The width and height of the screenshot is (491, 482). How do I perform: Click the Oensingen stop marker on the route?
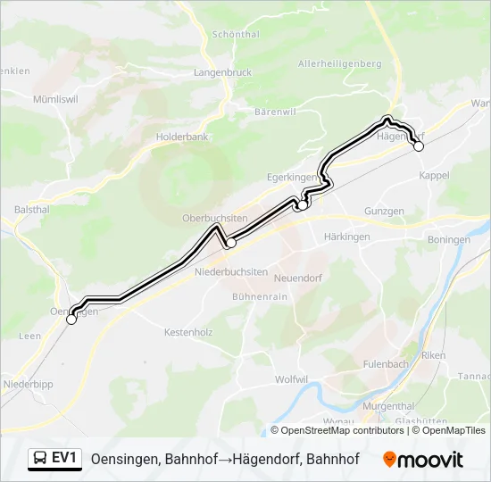71,319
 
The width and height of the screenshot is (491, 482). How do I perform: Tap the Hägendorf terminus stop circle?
419,146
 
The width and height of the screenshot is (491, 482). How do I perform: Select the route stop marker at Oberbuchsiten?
230,242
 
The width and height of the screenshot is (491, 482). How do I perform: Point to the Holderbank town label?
181,137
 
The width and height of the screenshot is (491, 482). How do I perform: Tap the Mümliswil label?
53,99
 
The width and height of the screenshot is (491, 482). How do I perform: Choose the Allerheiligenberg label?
339,63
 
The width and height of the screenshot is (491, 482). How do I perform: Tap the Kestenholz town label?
187,332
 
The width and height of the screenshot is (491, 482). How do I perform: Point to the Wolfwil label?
291,379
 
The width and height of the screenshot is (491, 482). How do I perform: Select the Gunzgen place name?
384,212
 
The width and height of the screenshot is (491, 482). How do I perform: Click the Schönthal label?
236,34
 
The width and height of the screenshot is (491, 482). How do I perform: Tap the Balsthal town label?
31,209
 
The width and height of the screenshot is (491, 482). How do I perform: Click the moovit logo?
423,460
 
